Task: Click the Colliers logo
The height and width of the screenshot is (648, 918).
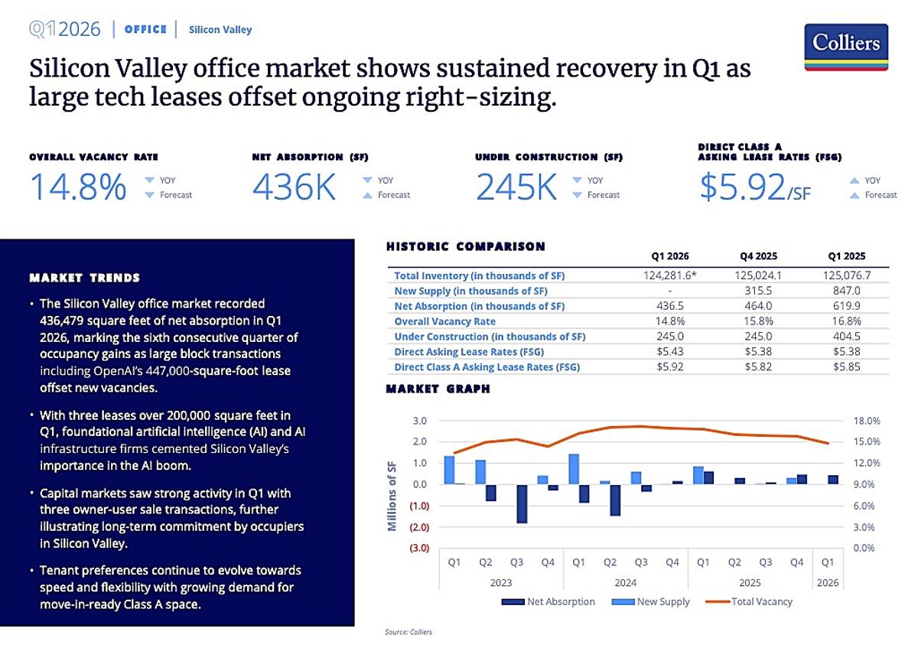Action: [x=846, y=47]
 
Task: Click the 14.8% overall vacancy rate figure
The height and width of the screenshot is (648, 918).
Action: [x=78, y=188]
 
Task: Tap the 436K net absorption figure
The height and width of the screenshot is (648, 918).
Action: [x=294, y=188]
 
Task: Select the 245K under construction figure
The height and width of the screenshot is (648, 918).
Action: [x=516, y=188]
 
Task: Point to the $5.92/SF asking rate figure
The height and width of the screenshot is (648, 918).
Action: [x=754, y=188]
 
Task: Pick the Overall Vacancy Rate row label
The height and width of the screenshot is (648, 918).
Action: [x=444, y=321]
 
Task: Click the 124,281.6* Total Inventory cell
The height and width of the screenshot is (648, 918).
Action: [x=669, y=275]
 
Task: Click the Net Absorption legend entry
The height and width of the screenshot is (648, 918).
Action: [x=549, y=601]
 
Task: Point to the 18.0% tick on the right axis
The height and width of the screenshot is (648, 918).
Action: [x=867, y=421]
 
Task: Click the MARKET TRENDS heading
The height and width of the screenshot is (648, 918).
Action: [x=84, y=278]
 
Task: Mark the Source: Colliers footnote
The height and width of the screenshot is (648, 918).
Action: [x=408, y=633]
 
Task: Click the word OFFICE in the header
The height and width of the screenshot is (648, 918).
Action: [x=145, y=30]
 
